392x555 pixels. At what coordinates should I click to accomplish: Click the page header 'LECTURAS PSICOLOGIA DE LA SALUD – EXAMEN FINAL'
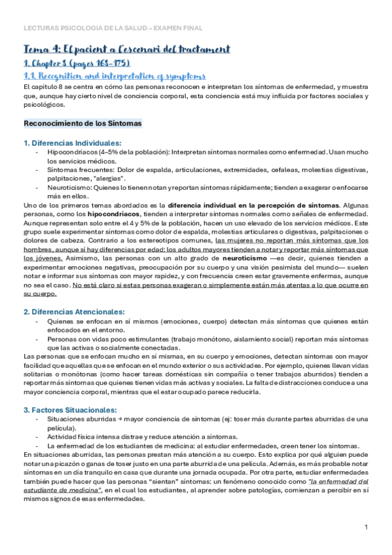(113, 28)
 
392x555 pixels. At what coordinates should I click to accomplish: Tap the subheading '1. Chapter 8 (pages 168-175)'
(77, 63)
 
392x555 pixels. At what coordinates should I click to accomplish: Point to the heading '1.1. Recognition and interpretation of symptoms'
(114, 76)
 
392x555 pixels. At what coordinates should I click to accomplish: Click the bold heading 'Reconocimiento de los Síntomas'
(82, 122)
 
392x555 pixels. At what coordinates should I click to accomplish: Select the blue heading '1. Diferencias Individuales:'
(72, 143)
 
